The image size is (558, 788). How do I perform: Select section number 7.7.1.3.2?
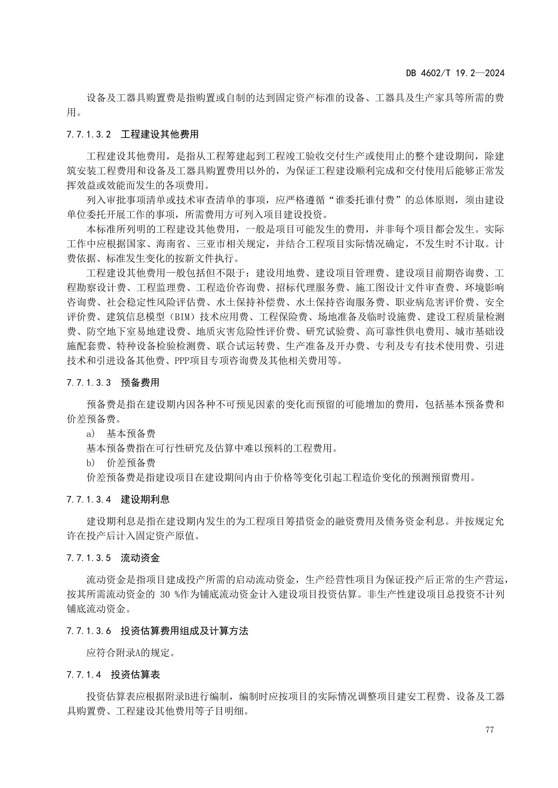[88, 134]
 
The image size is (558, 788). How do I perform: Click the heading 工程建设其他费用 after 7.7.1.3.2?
[160, 134]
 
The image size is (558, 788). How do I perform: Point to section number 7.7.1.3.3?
[88, 383]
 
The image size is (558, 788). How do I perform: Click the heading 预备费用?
[140, 383]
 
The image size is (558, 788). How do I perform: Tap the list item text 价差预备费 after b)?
[131, 462]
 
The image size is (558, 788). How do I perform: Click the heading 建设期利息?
[145, 499]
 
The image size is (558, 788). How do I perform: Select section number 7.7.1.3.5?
[88, 558]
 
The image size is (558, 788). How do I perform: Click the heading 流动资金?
[140, 558]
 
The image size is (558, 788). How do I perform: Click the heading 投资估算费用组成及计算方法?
[184, 631]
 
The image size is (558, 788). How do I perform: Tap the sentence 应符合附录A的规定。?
[130, 653]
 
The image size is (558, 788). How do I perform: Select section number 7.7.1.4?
[84, 675]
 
